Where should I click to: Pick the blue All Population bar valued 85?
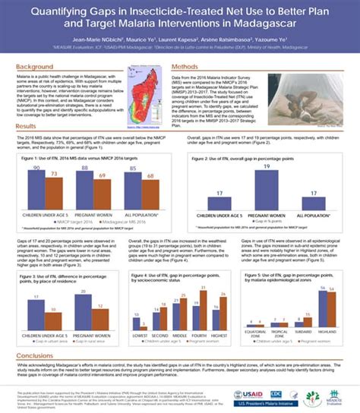pyautogui.click(x=134, y=187)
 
